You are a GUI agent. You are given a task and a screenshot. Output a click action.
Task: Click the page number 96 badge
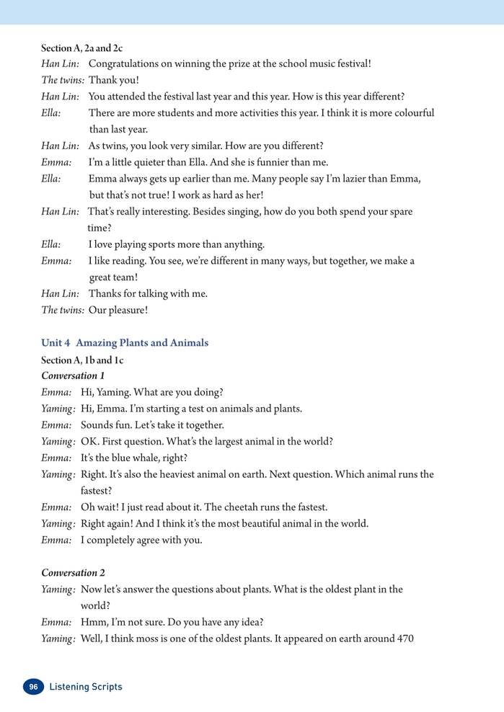click(x=33, y=687)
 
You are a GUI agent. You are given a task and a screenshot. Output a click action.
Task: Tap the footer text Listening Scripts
click(x=86, y=687)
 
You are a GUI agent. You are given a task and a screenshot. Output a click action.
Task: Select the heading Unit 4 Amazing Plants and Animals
click(x=125, y=343)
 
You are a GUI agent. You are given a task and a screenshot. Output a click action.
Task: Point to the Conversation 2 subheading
click(x=73, y=573)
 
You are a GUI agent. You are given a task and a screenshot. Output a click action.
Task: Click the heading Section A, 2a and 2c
click(x=81, y=48)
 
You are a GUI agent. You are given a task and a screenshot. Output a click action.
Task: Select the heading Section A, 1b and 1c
click(x=81, y=360)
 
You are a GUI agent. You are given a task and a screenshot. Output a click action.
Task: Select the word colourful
click(x=410, y=113)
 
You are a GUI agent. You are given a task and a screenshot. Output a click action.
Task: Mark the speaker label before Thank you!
click(x=63, y=80)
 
